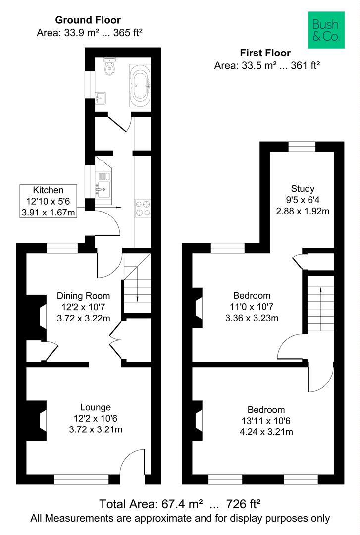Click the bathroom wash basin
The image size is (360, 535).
click(x=102, y=96)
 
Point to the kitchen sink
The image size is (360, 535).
click(x=104, y=187)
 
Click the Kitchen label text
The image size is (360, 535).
click(x=48, y=190)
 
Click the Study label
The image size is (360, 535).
click(x=303, y=188)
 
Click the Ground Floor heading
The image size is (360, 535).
click(x=88, y=20)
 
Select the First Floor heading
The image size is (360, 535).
click(x=265, y=53)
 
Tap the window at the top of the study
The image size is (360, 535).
click(x=302, y=146)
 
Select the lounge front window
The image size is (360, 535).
click(x=81, y=479)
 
